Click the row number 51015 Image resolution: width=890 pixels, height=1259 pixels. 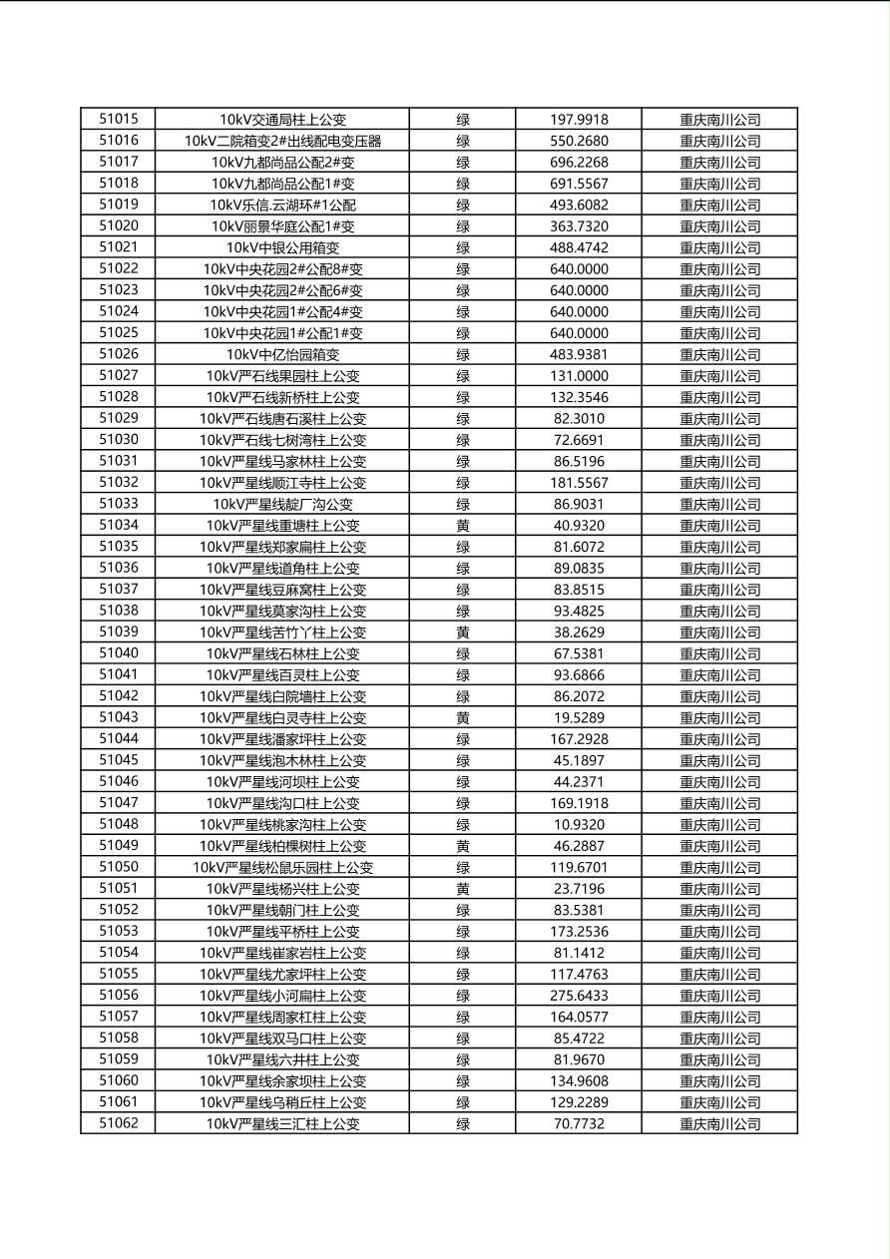point(119,119)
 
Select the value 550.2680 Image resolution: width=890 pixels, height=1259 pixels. point(579,141)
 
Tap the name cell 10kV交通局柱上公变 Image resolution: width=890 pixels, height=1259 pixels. point(282,120)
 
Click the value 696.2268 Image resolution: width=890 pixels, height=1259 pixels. point(579,163)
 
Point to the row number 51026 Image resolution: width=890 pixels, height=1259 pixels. point(119,354)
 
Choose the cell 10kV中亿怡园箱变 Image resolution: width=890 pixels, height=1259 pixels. point(282,354)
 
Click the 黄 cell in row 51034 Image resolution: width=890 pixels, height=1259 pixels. point(463,526)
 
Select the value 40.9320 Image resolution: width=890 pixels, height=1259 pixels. point(579,526)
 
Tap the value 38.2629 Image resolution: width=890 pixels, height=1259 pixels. point(579,632)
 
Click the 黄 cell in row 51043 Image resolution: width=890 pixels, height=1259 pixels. point(463,718)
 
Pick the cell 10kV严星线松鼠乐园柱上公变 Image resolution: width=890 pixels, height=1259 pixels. point(282,868)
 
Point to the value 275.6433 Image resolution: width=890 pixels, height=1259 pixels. point(579,996)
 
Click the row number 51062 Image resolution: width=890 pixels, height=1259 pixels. point(119,1123)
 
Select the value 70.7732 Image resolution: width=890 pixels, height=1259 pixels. point(579,1124)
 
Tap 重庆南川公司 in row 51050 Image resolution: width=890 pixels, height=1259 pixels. point(719,868)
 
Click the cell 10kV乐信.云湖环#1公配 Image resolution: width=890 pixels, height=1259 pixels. point(282,205)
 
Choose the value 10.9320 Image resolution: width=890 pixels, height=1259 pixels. point(579,825)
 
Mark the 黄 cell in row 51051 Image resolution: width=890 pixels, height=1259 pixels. point(463,889)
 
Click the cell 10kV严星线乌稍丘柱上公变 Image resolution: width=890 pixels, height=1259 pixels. point(282,1102)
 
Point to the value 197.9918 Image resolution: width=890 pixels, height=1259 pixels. point(579,120)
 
